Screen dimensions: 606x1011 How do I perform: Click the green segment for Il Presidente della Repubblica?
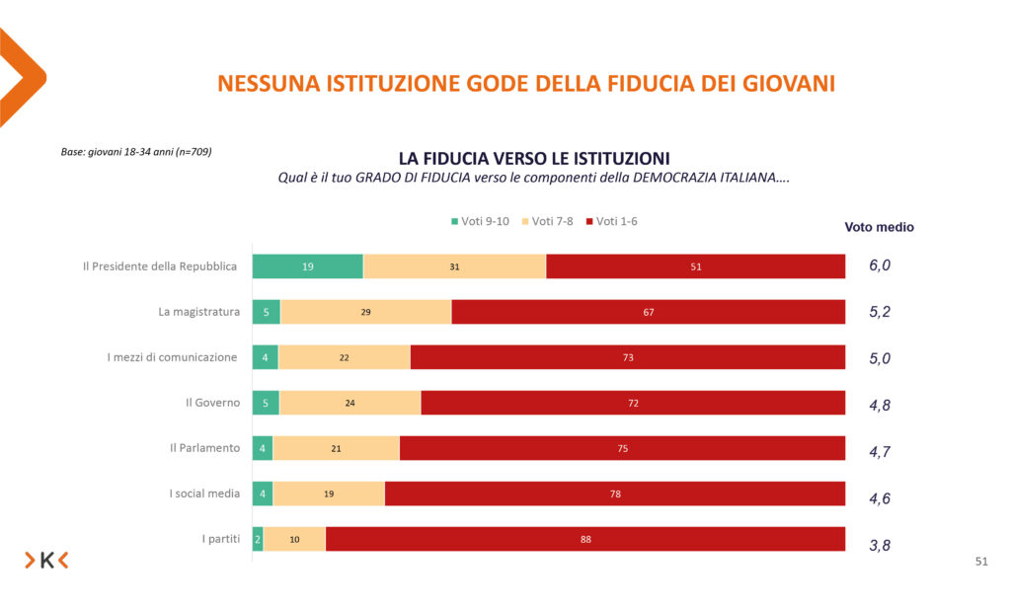[x=307, y=266]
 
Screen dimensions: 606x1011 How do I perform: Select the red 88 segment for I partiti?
[x=585, y=539]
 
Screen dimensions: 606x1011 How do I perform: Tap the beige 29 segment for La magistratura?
[x=365, y=312]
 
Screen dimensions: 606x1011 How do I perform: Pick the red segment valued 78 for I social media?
[x=615, y=493]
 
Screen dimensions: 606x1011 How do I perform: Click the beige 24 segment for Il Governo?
[x=350, y=403]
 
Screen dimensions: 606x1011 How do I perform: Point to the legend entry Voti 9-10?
[x=481, y=221]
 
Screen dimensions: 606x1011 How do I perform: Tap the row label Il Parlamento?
[x=204, y=448]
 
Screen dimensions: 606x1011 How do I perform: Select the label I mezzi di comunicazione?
[x=172, y=357]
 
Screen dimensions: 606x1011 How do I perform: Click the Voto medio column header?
[x=879, y=227]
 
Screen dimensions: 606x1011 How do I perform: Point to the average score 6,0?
[x=880, y=266]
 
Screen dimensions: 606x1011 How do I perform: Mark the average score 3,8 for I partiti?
[x=880, y=545]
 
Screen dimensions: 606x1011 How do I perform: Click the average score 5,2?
[x=880, y=313]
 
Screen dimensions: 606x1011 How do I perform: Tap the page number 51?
[x=980, y=562]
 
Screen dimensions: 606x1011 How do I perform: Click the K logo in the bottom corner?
[x=46, y=561]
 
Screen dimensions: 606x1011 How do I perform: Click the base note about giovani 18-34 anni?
[x=136, y=152]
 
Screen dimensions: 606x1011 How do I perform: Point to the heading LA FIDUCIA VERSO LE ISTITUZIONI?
[x=534, y=158]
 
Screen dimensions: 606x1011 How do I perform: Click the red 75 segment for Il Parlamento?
[x=622, y=448]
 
